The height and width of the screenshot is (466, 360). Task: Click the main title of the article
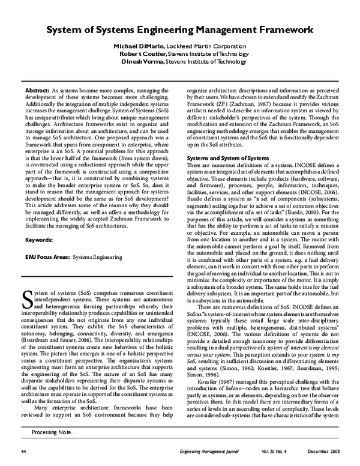(x=180, y=28)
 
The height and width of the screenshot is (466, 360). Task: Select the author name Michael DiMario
(x=137, y=46)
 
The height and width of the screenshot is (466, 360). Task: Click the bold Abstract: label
(x=37, y=89)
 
